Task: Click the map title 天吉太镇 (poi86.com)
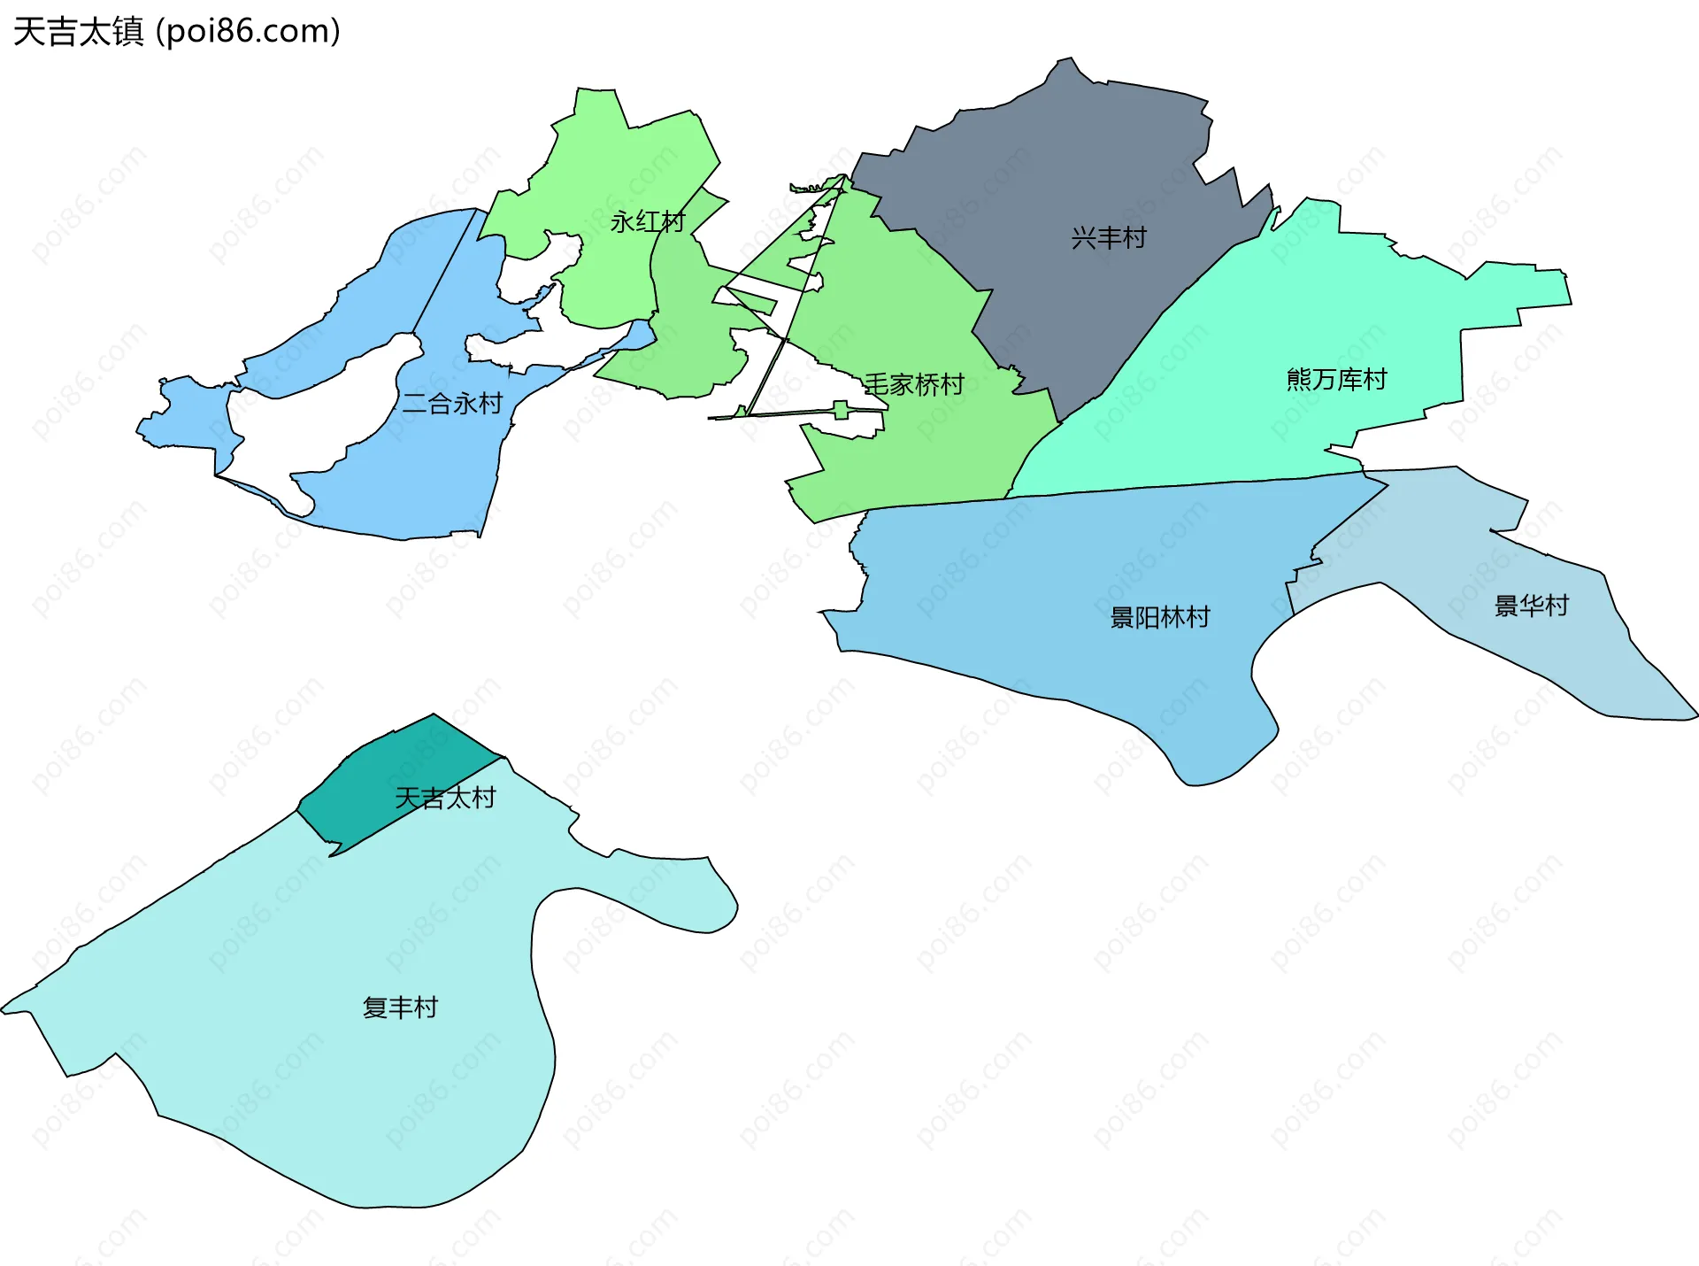coord(177,32)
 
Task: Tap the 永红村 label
coord(648,221)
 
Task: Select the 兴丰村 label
coord(1109,237)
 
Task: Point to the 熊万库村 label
coord(1336,380)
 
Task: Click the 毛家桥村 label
coord(914,384)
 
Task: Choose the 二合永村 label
coord(452,404)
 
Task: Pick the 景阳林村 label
coord(1160,617)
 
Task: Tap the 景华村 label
coord(1532,606)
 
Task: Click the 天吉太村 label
coord(445,798)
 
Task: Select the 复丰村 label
coord(400,1007)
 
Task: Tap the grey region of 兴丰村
coord(1062,159)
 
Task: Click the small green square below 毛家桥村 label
coord(841,409)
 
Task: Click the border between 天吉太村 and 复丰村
coord(416,807)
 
